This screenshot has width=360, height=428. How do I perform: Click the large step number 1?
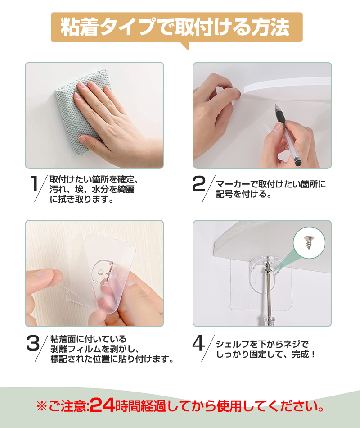(x=34, y=183)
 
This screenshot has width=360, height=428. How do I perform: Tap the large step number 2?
(x=199, y=184)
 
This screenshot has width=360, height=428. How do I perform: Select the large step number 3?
(x=33, y=343)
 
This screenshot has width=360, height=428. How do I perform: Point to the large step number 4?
(x=198, y=343)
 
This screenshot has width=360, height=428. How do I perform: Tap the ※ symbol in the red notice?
(x=42, y=406)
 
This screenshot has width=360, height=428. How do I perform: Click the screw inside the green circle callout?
(x=309, y=242)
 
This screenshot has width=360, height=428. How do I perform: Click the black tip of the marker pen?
(x=276, y=107)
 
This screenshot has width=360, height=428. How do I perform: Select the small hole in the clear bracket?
(x=101, y=272)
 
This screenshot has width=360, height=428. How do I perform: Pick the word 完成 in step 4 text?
(x=300, y=354)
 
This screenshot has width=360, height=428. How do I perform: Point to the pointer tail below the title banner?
(x=185, y=46)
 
